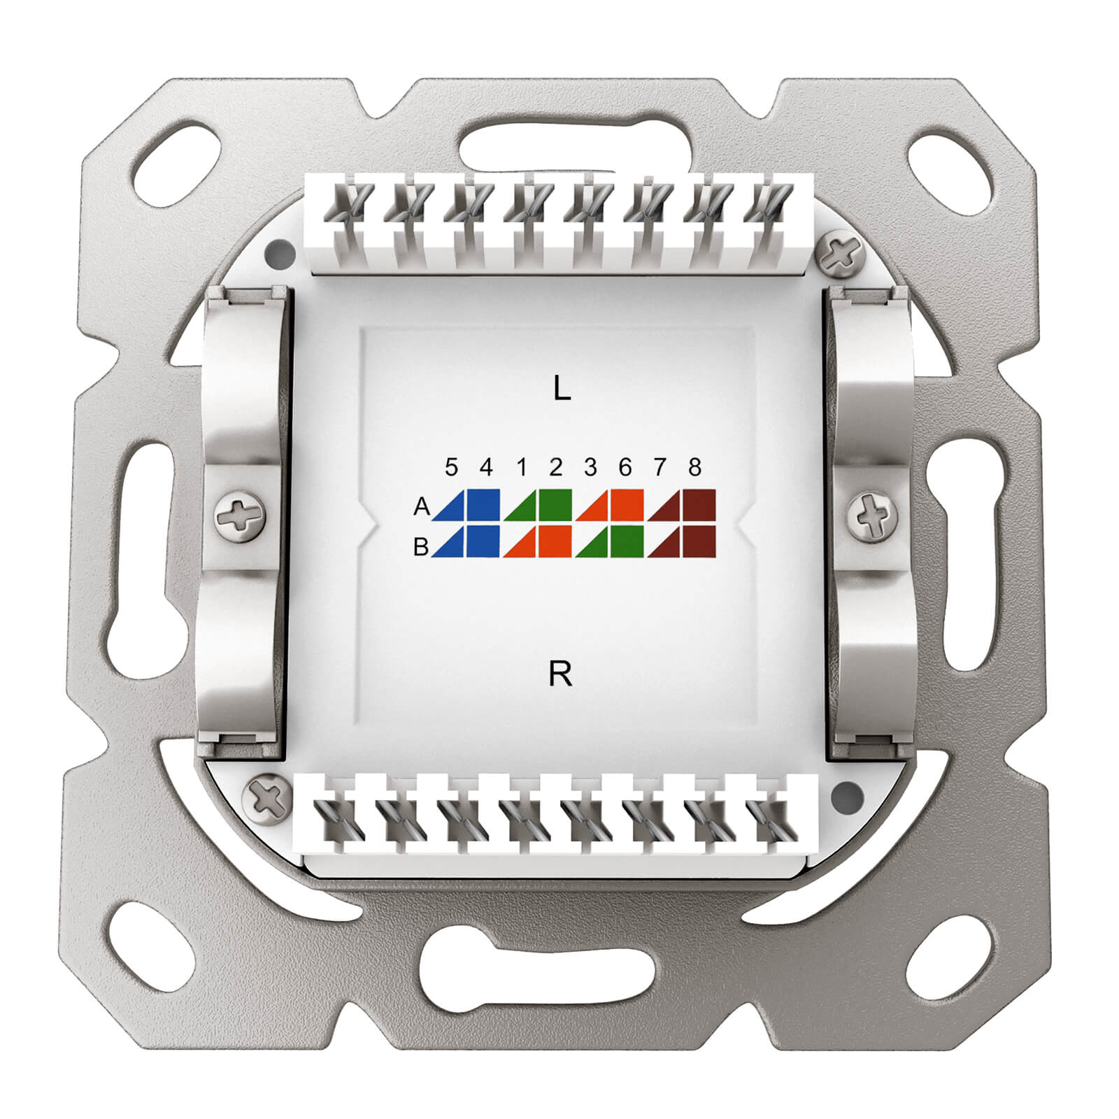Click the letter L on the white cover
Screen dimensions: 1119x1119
pyautogui.click(x=562, y=388)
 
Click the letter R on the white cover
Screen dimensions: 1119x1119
pyautogui.click(x=561, y=673)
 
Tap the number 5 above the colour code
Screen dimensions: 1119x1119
pyautogui.click(x=451, y=466)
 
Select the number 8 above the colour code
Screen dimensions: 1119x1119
pyautogui.click(x=694, y=466)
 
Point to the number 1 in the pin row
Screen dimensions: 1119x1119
pyautogui.click(x=522, y=466)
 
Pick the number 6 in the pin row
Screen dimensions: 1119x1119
pyautogui.click(x=625, y=466)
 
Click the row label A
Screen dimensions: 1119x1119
pyautogui.click(x=421, y=506)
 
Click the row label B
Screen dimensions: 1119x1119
pyautogui.click(x=420, y=547)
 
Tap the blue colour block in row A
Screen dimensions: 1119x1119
pyautogui.click(x=466, y=505)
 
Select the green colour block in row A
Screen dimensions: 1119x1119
pyautogui.click(x=538, y=505)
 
